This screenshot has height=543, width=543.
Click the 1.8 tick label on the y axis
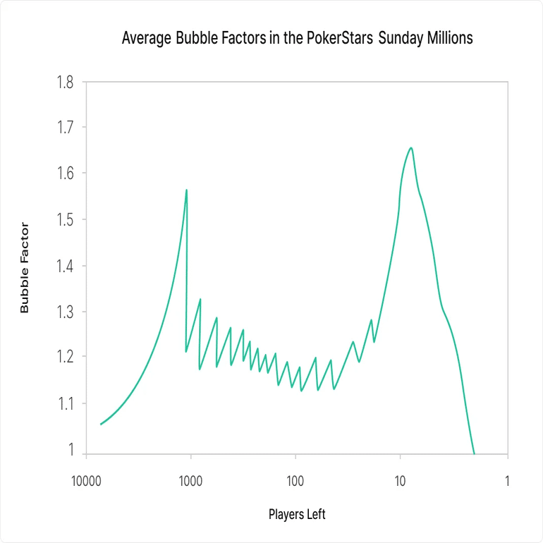(x=64, y=83)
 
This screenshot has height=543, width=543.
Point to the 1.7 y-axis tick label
(x=64, y=128)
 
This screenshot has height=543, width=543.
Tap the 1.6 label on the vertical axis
(x=64, y=173)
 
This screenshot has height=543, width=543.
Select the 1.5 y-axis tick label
(x=64, y=220)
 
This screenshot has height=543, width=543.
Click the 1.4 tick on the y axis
(x=64, y=266)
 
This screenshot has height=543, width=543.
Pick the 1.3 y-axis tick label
(x=64, y=312)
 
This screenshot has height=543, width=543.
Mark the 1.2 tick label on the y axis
(x=64, y=357)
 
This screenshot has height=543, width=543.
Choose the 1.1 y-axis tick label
(x=64, y=403)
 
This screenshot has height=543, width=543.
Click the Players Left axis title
(x=297, y=514)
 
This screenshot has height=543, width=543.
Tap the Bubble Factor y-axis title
(x=25, y=267)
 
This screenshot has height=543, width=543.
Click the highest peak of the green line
(x=410, y=147)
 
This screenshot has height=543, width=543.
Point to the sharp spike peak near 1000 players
(x=186, y=190)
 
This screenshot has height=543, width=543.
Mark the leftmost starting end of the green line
(x=101, y=425)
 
